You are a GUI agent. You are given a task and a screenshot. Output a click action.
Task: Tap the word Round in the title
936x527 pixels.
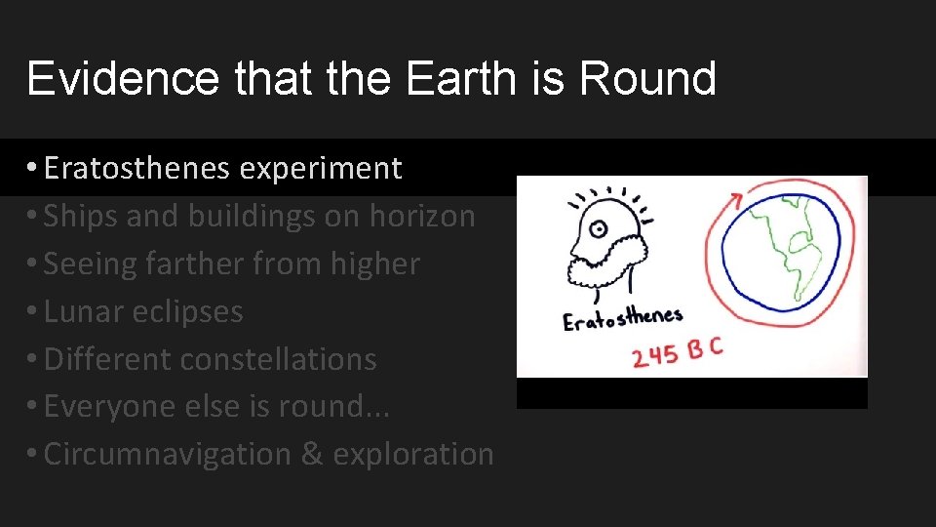pyautogui.click(x=647, y=78)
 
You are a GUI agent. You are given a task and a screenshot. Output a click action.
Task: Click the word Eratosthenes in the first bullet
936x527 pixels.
pyautogui.click(x=136, y=169)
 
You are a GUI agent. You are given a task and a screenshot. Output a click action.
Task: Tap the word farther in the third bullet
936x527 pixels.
pyautogui.click(x=200, y=263)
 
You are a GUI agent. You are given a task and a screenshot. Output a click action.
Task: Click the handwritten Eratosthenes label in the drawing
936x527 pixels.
pyautogui.click(x=622, y=318)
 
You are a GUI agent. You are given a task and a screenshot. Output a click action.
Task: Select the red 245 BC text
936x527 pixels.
pyautogui.click(x=677, y=353)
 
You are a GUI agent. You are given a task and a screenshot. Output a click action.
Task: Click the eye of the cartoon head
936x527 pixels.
pyautogui.click(x=598, y=230)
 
